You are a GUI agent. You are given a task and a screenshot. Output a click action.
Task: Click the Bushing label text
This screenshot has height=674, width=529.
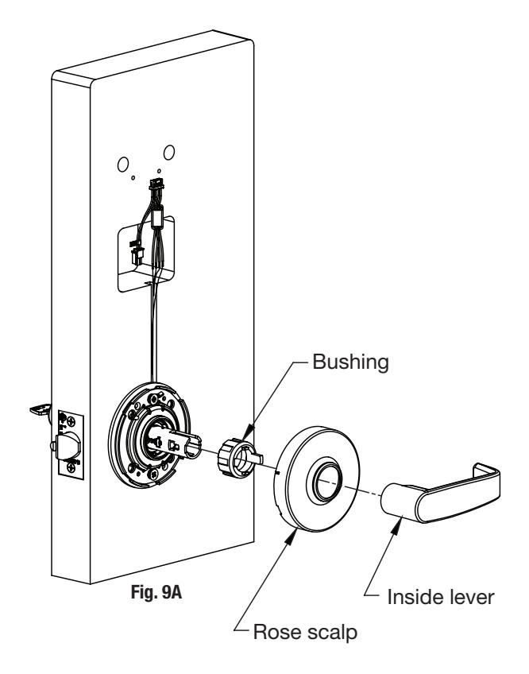pyautogui.click(x=350, y=362)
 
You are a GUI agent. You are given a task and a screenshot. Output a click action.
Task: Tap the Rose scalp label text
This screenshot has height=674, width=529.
pyautogui.click(x=305, y=633)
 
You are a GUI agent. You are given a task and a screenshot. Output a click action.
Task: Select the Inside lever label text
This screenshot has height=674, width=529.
pyautogui.click(x=441, y=597)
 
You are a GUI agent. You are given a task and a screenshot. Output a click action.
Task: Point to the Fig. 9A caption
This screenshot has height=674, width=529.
pyautogui.click(x=156, y=592)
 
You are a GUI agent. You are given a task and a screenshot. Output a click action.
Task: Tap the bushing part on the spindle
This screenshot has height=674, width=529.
pyautogui.click(x=237, y=456)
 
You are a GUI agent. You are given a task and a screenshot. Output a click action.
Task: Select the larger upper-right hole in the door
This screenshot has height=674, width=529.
pyautogui.click(x=169, y=152)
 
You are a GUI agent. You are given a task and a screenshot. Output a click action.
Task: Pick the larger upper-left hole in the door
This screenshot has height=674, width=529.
pyautogui.click(x=123, y=165)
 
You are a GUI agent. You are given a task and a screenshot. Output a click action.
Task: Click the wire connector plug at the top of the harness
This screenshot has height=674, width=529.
pyautogui.click(x=156, y=185)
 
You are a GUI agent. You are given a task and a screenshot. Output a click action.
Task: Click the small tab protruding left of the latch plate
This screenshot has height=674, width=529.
pyautogui.click(x=40, y=409)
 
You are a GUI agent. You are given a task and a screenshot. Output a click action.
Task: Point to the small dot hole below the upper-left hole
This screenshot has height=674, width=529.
pyautogui.click(x=133, y=177)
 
